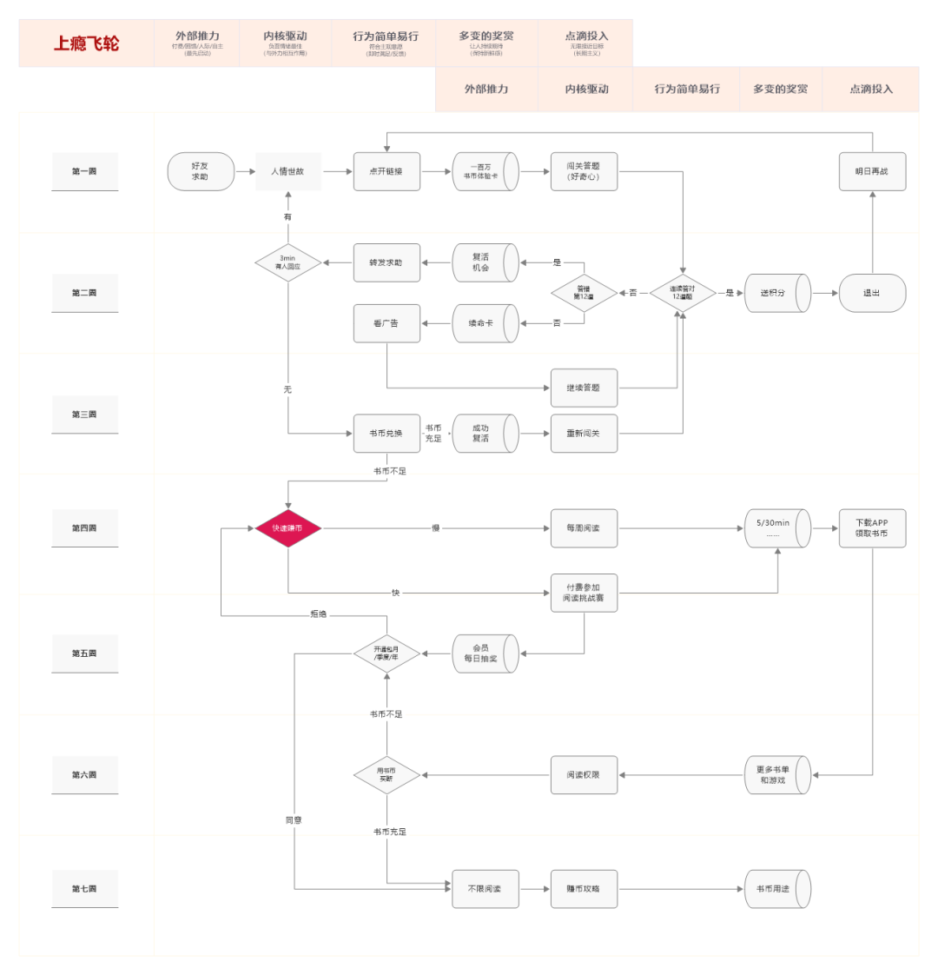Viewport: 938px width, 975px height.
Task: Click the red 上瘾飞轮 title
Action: (x=86, y=43)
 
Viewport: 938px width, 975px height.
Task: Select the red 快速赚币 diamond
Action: (x=287, y=528)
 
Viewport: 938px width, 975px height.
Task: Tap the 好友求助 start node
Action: (x=201, y=171)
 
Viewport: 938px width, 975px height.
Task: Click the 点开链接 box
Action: (x=386, y=171)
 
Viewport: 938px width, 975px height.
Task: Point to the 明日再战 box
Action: (x=872, y=171)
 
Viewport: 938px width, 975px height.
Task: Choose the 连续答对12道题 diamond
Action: (x=683, y=293)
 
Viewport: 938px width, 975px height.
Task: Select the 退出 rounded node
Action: (x=872, y=293)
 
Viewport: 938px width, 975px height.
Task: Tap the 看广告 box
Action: (x=386, y=323)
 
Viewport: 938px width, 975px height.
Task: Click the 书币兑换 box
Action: (x=386, y=433)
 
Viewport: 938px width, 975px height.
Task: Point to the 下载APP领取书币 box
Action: (x=872, y=528)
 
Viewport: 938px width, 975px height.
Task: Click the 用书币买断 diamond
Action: (x=386, y=774)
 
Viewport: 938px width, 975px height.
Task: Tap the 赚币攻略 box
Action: (x=584, y=889)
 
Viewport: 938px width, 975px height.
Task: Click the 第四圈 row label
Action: (x=84, y=528)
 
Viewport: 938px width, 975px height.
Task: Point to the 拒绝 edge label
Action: (x=319, y=614)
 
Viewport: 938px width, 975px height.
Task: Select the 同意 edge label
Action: (x=294, y=820)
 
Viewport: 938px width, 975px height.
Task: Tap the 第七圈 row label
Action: (x=84, y=889)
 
